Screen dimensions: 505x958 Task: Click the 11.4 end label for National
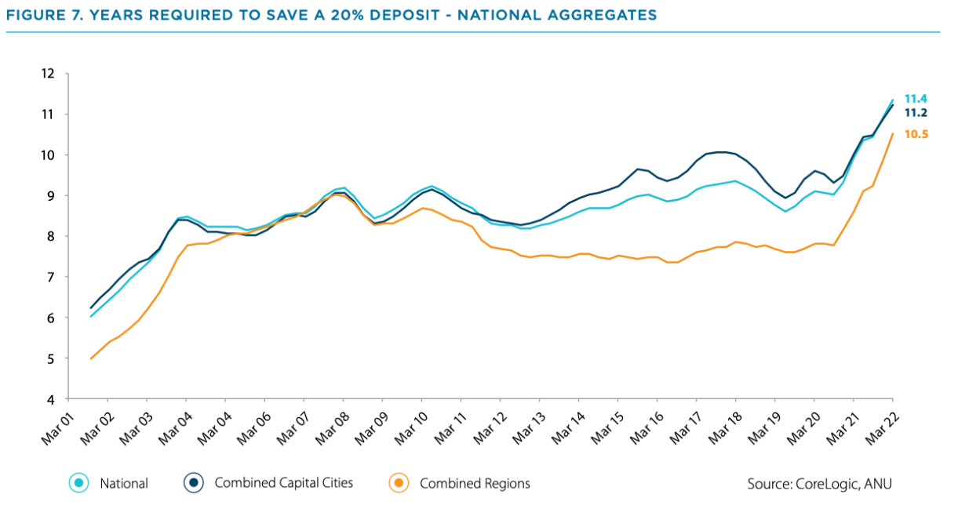[916, 99]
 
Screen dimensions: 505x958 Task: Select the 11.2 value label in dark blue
[916, 113]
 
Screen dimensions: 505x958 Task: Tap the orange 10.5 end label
[916, 135]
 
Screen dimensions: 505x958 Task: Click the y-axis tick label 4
[50, 400]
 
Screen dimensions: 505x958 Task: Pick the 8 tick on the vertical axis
[50, 237]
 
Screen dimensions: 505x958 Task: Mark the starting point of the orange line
[92, 358]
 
